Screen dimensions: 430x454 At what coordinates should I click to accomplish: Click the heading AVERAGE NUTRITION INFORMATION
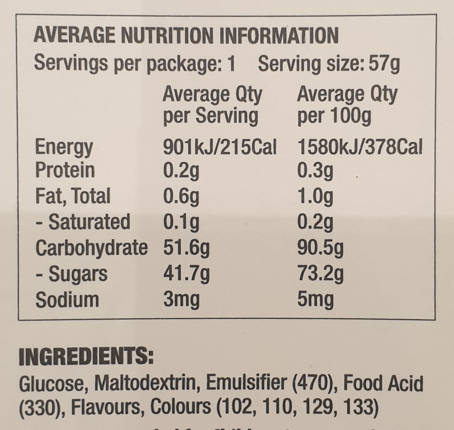(x=186, y=36)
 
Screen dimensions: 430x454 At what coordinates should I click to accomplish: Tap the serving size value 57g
(x=384, y=64)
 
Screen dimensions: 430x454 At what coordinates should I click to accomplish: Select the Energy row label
(x=64, y=147)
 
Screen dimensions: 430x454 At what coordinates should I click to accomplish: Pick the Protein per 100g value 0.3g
(x=315, y=171)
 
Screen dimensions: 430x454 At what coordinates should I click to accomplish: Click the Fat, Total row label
(x=73, y=196)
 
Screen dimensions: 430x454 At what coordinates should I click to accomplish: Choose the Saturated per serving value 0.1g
(x=181, y=222)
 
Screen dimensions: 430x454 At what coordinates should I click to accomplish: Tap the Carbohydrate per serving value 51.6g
(x=186, y=248)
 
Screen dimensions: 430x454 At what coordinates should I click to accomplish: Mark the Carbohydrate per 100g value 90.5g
(x=320, y=248)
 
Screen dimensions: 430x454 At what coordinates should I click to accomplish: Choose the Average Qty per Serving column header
(x=212, y=105)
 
